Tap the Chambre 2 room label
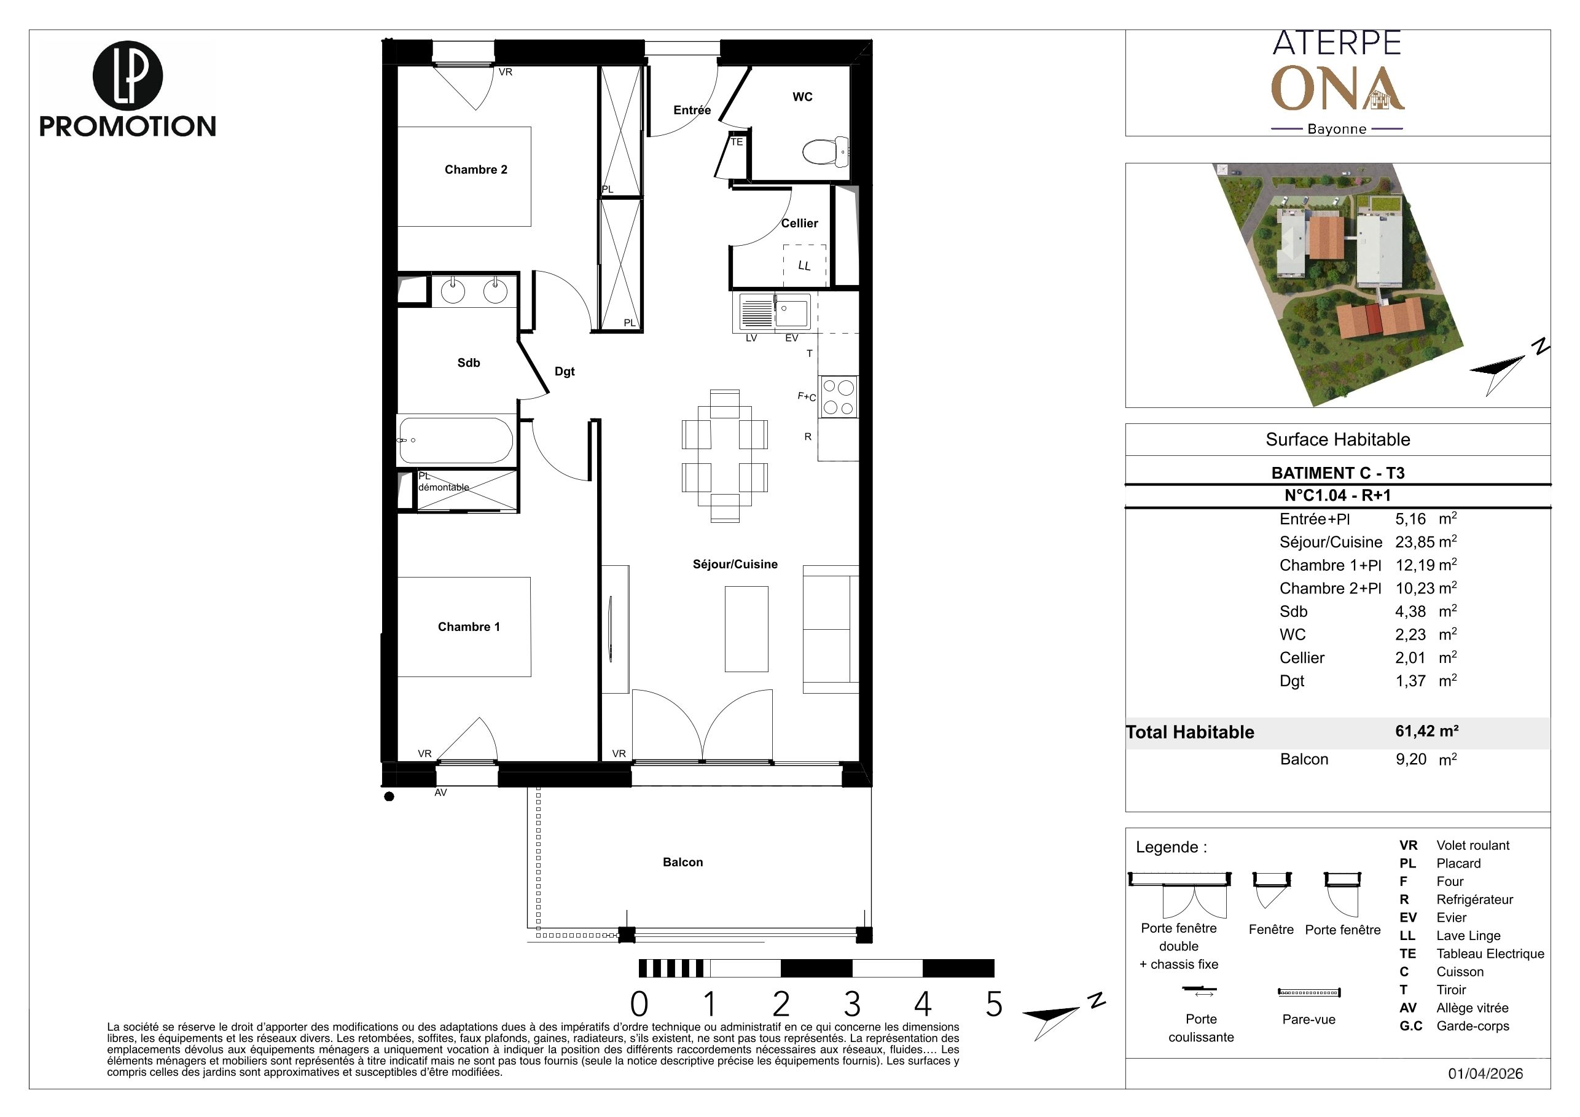(475, 170)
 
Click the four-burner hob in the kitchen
(838, 397)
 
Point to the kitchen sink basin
(792, 312)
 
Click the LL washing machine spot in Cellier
(805, 265)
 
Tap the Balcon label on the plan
(682, 863)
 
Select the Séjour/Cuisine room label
(735, 565)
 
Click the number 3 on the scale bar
(852, 1004)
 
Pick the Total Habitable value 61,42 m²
(1426, 731)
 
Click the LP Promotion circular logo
(128, 76)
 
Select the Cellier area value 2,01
(1410, 658)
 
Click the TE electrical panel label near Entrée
(737, 143)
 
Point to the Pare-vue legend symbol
(1309, 992)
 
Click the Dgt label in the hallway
(565, 372)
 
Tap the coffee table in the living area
(746, 629)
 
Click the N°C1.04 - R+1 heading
(1337, 496)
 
